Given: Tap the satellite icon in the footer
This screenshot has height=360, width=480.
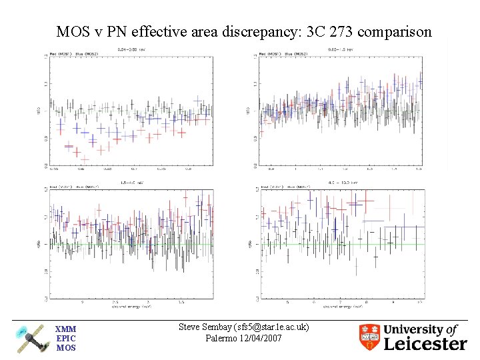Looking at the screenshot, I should click(30, 338).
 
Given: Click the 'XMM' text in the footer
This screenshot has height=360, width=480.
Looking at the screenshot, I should click(65, 329).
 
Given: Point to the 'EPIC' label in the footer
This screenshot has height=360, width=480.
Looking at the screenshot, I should click(65, 339).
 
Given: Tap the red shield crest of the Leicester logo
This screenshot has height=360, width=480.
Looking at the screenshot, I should click(369, 337).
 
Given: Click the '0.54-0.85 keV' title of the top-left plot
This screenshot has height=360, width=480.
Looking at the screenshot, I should click(131, 50).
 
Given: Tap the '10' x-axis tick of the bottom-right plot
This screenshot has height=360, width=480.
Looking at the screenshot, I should click(420, 302).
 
